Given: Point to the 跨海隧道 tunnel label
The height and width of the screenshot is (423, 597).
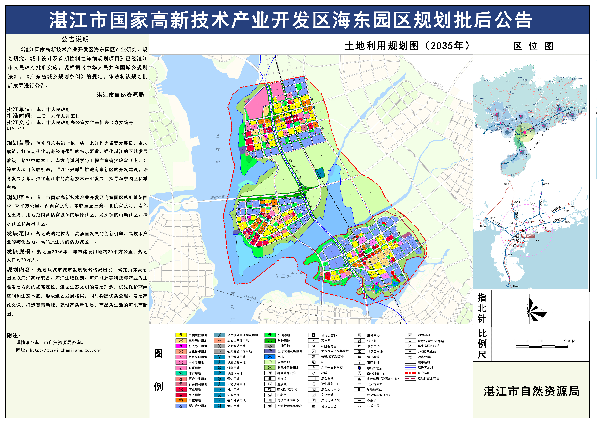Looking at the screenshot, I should [x=250, y=297].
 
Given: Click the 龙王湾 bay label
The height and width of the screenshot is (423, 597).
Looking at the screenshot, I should [x=283, y=276].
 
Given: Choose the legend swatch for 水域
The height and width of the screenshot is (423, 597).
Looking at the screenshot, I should [x=270, y=357].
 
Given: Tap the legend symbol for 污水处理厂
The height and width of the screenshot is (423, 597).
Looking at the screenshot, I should [x=410, y=357].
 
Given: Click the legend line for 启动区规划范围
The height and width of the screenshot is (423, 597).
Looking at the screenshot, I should [x=410, y=378].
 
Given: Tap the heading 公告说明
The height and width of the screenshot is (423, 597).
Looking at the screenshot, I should [x=75, y=39].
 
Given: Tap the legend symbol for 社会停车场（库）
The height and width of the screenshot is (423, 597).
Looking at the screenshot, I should [x=360, y=395].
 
